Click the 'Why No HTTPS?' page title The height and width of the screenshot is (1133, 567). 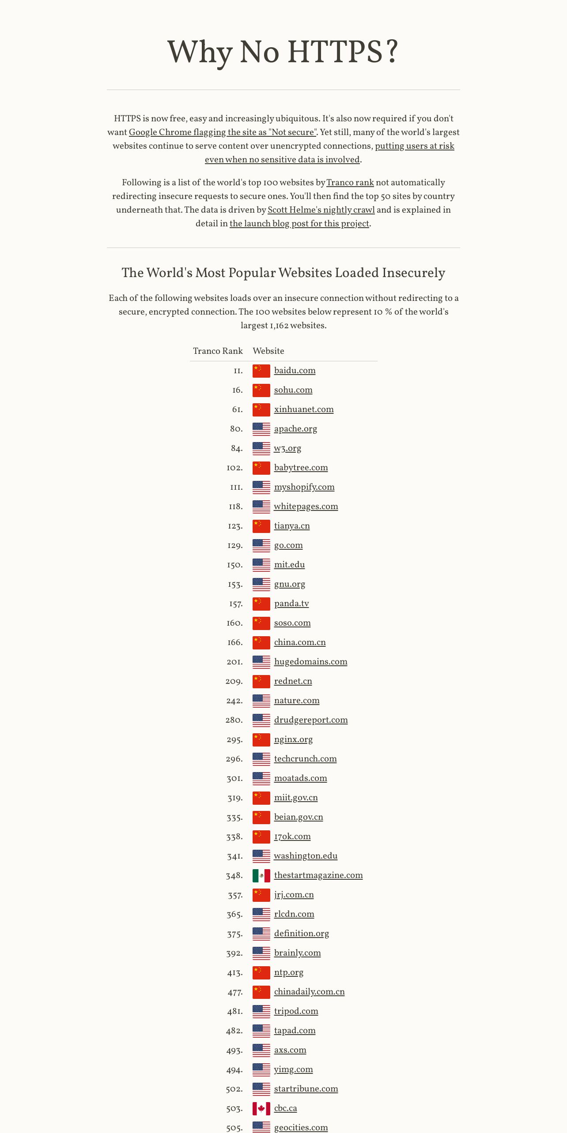pyautogui.click(x=283, y=52)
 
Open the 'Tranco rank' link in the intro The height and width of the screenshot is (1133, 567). pyautogui.click(x=350, y=183)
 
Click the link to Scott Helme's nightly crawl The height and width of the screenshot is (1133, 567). pyautogui.click(x=321, y=210)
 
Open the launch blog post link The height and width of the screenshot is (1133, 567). pyautogui.click(x=299, y=224)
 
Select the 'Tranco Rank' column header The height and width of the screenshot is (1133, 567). pyautogui.click(x=218, y=351)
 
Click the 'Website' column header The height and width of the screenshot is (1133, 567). pyautogui.click(x=268, y=351)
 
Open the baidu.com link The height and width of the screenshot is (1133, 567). pyautogui.click(x=295, y=371)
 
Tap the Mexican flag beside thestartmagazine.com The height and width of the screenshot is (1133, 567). pyautogui.click(x=261, y=876)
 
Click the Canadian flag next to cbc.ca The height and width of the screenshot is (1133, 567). pyautogui.click(x=261, y=1109)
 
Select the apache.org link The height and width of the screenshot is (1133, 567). pyautogui.click(x=295, y=429)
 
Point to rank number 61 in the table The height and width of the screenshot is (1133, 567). pyautogui.click(x=238, y=409)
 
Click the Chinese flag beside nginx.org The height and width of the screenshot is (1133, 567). pyautogui.click(x=261, y=740)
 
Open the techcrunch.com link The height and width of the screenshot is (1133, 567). pyautogui.click(x=306, y=759)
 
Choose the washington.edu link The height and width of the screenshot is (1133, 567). pyautogui.click(x=306, y=856)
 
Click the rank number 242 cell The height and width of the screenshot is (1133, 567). pyautogui.click(x=234, y=701)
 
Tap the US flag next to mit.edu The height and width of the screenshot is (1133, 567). pyautogui.click(x=261, y=565)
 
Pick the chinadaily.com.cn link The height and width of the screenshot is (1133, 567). pyautogui.click(x=310, y=992)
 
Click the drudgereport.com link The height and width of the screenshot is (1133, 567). pyautogui.click(x=311, y=720)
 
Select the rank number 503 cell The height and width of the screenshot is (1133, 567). pyautogui.click(x=234, y=1109)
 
